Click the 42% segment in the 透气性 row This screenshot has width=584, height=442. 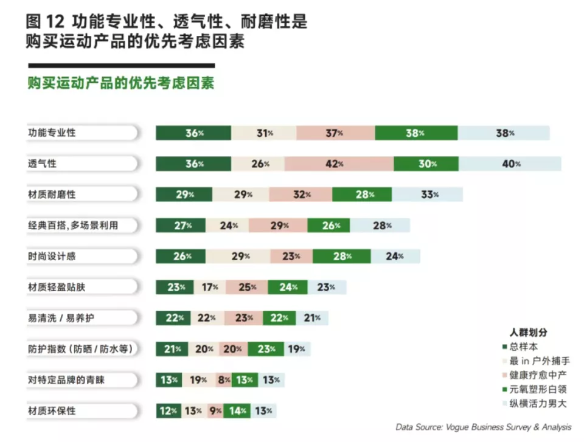pyautogui.click(x=338, y=164)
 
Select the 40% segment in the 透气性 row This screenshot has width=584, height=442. pyautogui.click(x=510, y=164)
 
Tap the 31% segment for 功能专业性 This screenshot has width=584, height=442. pyautogui.click(x=264, y=133)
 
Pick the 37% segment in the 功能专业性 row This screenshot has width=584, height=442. pyautogui.click(x=335, y=133)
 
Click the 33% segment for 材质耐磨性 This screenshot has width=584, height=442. pyautogui.click(x=427, y=195)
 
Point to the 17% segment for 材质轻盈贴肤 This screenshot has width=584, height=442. pyautogui.click(x=210, y=287)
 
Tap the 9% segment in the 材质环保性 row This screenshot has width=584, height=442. pyautogui.click(x=215, y=411)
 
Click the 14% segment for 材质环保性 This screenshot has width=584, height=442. pyautogui.click(x=237, y=411)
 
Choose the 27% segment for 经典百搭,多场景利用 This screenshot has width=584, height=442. pyautogui.click(x=181, y=226)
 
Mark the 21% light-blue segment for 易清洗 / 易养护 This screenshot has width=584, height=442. pyautogui.click(x=312, y=318)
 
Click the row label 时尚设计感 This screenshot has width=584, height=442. pyautogui.click(x=52, y=256)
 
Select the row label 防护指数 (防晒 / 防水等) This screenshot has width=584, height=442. pyautogui.click(x=80, y=349)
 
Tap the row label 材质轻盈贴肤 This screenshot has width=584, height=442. pyautogui.click(x=61, y=287)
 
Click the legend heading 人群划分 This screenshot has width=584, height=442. pyautogui.click(x=528, y=333)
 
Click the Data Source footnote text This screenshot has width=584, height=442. pyautogui.click(x=483, y=427)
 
